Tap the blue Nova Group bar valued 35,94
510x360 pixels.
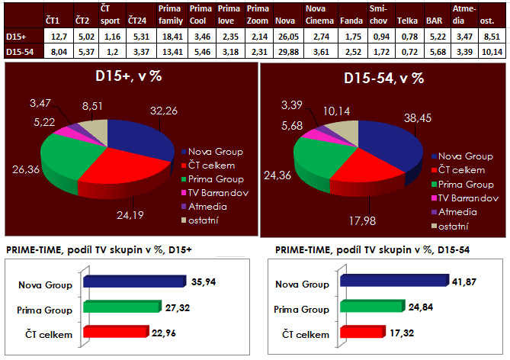pos(133,281)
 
